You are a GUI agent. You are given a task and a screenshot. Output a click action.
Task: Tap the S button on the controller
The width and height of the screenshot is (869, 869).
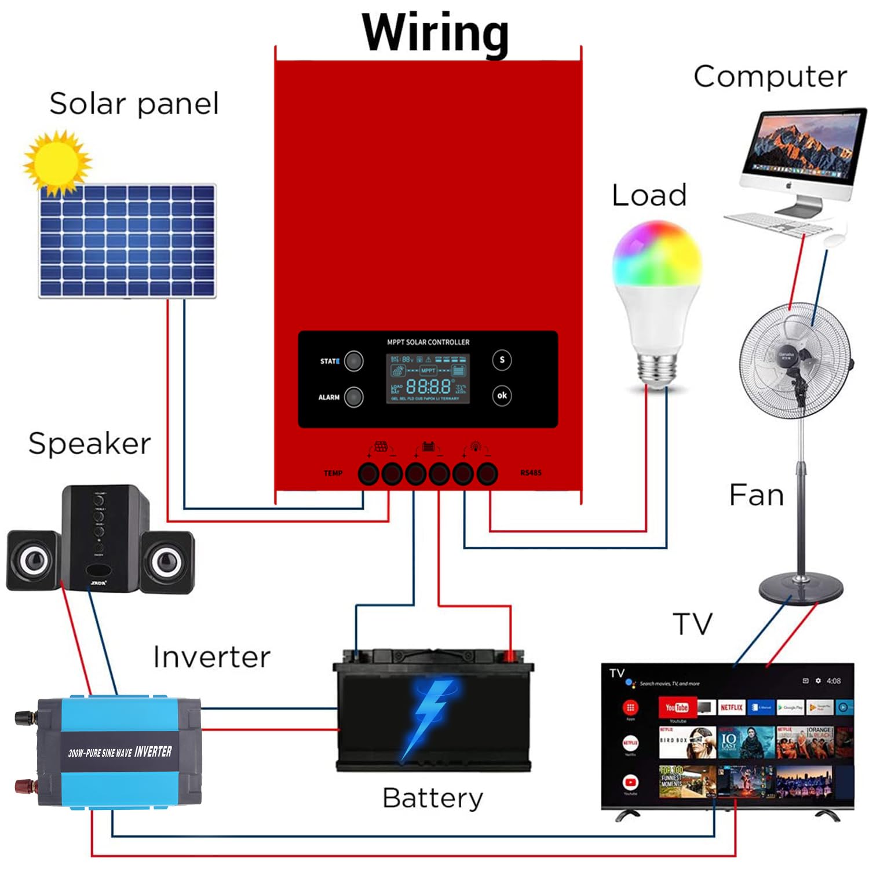pos(502,360)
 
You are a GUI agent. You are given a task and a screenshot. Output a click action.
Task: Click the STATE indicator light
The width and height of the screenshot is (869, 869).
pos(353,361)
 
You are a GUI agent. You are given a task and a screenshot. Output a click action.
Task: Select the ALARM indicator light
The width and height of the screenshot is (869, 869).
pos(353,397)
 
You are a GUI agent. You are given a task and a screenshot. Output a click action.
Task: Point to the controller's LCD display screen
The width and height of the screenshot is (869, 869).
pos(428,378)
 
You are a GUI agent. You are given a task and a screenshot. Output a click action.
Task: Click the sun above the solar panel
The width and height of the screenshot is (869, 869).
pos(57,162)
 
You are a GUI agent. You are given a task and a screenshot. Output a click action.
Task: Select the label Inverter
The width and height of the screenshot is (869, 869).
pos(211,657)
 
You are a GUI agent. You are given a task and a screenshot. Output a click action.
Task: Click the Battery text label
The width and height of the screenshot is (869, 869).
pos(432,798)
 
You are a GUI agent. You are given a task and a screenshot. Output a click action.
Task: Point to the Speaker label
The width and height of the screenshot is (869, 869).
pos(89,444)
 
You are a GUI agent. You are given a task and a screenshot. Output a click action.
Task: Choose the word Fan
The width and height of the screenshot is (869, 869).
pos(756,495)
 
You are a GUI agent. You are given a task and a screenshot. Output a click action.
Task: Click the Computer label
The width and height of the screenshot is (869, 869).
pos(770,76)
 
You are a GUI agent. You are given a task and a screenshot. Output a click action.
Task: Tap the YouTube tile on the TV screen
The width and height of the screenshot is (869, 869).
pos(676,707)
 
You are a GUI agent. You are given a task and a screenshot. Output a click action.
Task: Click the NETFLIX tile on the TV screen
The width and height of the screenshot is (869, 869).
pos(731,707)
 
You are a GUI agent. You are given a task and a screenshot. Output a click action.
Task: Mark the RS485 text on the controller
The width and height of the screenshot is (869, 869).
pos(531,473)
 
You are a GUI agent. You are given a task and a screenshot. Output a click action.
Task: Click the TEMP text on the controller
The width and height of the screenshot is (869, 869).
pos(333,473)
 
